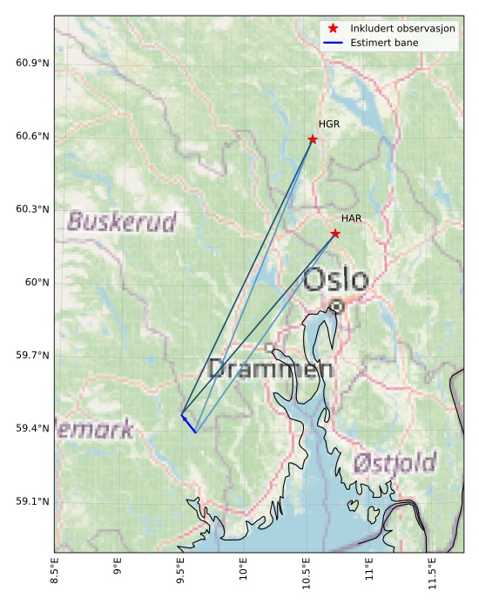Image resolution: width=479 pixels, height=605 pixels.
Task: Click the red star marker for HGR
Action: point(313,139)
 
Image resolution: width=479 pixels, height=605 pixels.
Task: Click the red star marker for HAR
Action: point(335,234)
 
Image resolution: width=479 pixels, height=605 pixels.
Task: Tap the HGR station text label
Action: point(329,125)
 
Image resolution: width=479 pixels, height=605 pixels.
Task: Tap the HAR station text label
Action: point(351,219)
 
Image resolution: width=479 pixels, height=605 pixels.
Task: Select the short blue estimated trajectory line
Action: point(188,424)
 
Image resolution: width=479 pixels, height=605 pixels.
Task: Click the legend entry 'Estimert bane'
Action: point(384,43)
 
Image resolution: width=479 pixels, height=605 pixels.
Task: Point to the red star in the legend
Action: point(333,29)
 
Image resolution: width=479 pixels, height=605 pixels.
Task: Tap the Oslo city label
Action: point(336,280)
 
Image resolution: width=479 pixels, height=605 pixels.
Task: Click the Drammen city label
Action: point(271,370)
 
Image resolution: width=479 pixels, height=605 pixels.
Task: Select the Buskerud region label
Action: point(122,221)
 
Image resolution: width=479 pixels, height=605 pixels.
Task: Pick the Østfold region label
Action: point(395,463)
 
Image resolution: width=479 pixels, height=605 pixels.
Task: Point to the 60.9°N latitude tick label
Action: point(32,64)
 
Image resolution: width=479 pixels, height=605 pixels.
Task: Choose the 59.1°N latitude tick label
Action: point(32,502)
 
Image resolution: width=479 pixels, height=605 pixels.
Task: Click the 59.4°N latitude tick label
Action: point(32,429)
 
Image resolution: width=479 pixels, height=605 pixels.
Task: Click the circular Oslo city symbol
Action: point(337,306)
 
